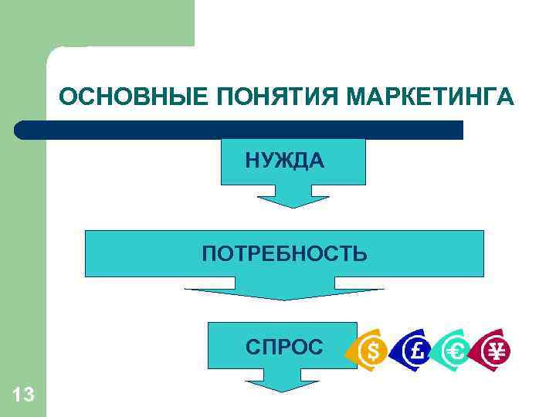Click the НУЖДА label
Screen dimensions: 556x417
point(285,161)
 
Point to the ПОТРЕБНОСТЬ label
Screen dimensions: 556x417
point(285,253)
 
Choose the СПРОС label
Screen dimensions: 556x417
point(285,347)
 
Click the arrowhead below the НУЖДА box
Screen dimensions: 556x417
point(293,199)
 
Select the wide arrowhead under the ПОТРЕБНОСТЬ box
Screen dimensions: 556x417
point(284,294)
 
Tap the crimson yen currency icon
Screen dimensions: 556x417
point(496,351)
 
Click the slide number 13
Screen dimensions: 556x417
point(23,395)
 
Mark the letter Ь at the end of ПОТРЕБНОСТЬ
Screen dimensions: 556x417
point(361,253)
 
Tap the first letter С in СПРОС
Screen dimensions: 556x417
point(253,347)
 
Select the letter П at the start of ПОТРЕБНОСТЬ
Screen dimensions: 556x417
point(209,253)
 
